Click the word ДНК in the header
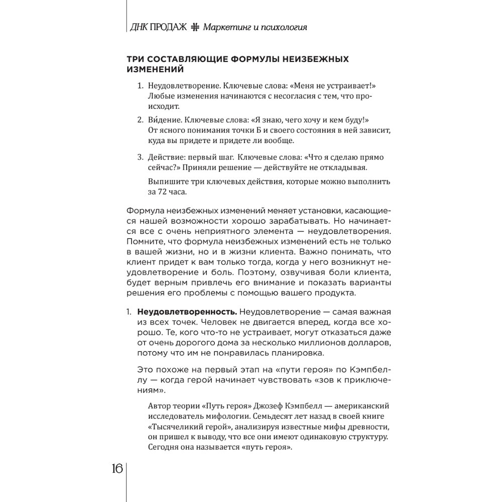(139, 27)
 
